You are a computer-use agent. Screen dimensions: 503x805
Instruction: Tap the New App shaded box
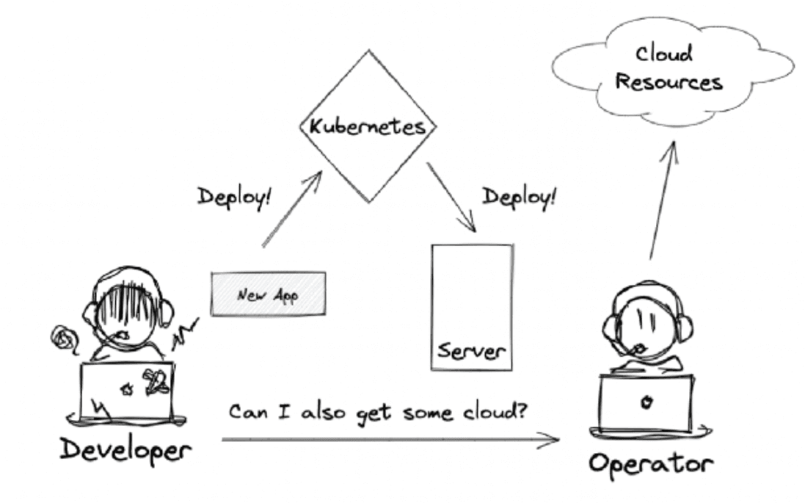[x=268, y=294]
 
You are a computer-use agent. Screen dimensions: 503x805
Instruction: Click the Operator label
[x=649, y=464]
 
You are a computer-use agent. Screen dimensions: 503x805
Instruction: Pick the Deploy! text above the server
[x=518, y=197]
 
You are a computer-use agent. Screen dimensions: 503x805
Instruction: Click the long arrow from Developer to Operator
[x=389, y=441]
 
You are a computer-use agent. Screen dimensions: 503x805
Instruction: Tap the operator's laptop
[x=646, y=402]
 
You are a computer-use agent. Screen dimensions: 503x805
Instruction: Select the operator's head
[x=646, y=323]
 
